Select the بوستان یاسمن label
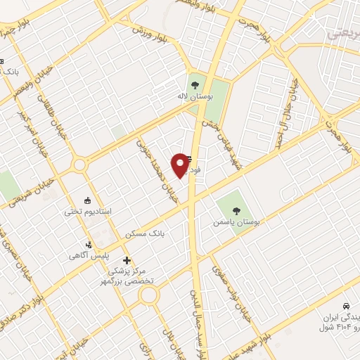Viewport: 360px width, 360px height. [x=237, y=221]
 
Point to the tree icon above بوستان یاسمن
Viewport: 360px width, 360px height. [x=237, y=209]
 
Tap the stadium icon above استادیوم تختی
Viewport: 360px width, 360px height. [x=87, y=199]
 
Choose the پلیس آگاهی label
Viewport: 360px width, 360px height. [x=89, y=256]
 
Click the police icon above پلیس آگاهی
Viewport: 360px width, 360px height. [x=89, y=244]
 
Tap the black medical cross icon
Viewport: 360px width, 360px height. [x=127, y=260]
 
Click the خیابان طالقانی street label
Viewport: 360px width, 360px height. [x=56, y=131]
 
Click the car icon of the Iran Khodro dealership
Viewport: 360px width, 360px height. [x=346, y=306]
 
